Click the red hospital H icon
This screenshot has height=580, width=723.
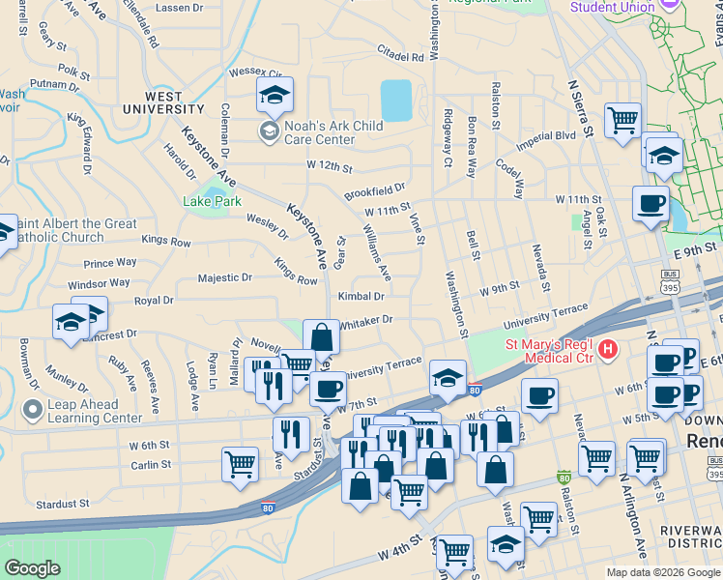pyautogui.click(x=608, y=348)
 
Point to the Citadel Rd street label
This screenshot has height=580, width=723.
pyautogui.click(x=401, y=58)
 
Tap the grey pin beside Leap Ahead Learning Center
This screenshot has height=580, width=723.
pyautogui.click(x=33, y=410)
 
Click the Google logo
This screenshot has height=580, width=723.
pyautogui.click(x=32, y=568)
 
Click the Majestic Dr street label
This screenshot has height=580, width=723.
pyautogui.click(x=224, y=277)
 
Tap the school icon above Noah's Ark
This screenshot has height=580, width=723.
pyautogui.click(x=275, y=96)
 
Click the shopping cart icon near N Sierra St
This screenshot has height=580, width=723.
pyautogui.click(x=622, y=120)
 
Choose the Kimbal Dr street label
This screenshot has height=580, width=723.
pyautogui.click(x=361, y=296)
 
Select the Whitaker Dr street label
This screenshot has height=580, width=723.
pyautogui.click(x=364, y=319)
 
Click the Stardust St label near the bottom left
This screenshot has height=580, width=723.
pyautogui.click(x=62, y=504)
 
